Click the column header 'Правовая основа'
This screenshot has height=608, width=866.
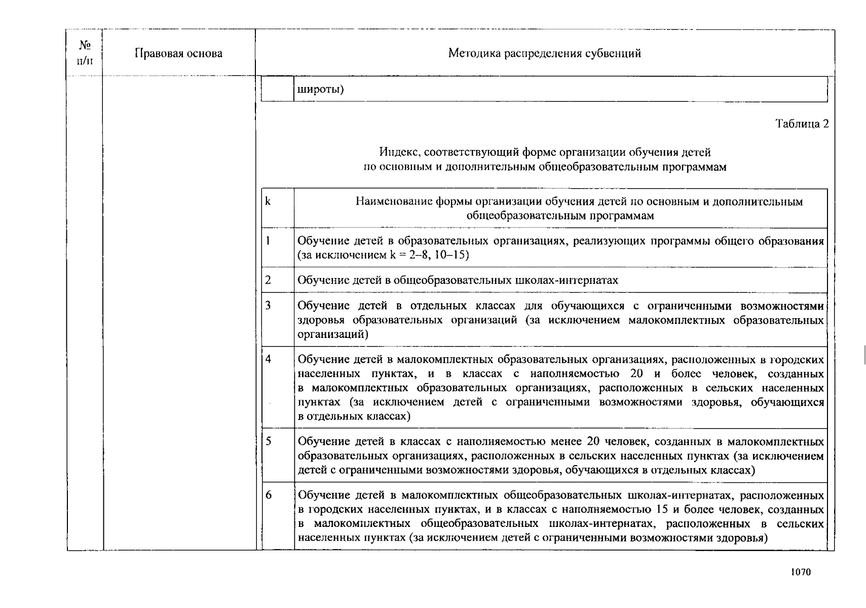point(178,54)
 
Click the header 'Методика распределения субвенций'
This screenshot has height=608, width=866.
point(544,54)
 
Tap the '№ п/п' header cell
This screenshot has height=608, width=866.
point(85,53)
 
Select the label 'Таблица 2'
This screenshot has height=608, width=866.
point(802,124)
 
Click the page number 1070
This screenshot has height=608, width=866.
point(801,572)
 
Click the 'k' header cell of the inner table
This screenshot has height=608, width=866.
point(268,202)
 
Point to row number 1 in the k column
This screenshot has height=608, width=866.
point(268,241)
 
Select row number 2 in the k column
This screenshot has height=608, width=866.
point(268,280)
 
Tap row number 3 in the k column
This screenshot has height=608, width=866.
point(268,306)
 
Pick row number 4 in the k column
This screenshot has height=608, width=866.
point(268,359)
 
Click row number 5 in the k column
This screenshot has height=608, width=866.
point(268,441)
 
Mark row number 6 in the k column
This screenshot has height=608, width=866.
point(268,495)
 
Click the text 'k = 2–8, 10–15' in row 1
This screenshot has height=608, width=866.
point(429,255)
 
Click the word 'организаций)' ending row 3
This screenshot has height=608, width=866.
point(333,334)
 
